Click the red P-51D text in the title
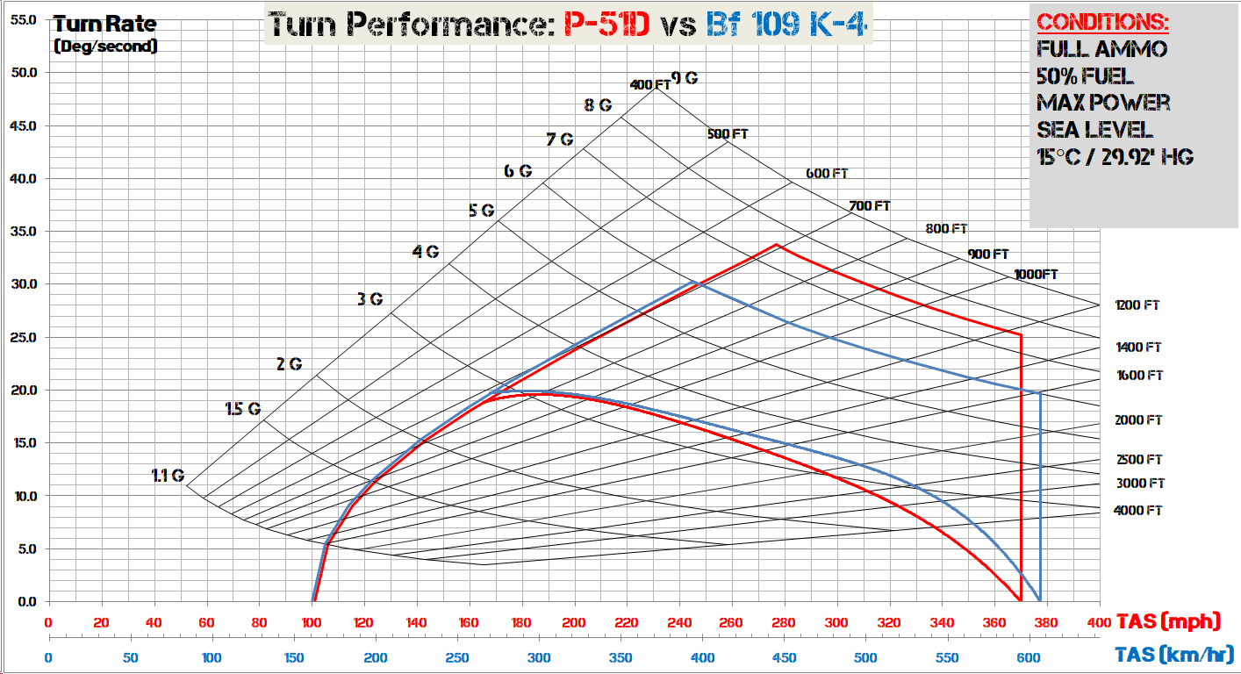point(606,25)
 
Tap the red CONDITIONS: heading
point(1103,22)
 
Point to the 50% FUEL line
point(1085,75)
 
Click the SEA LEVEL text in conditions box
point(1094,129)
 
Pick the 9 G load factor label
point(685,78)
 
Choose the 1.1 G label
point(168,476)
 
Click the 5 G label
point(482,211)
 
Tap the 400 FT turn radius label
point(649,85)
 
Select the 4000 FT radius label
point(1137,510)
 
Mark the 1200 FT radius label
point(1137,305)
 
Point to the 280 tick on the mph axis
point(785,622)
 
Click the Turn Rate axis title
point(105,25)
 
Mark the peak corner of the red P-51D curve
point(777,245)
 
